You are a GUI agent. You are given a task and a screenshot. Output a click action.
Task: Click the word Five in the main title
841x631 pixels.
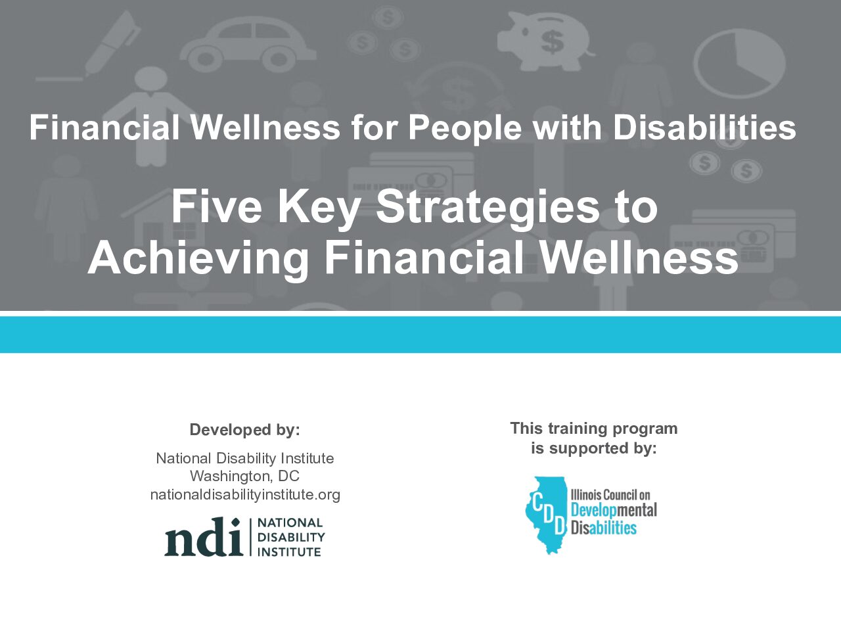[x=216, y=206]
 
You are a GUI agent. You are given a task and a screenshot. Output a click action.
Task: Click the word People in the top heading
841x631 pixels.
[x=465, y=129]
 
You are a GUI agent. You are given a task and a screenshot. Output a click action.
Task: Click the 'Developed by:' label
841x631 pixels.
[x=245, y=430]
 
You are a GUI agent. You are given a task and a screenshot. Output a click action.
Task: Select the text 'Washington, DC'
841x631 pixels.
[x=244, y=477]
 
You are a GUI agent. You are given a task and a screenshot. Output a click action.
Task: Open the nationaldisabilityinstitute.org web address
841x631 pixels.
[x=245, y=494]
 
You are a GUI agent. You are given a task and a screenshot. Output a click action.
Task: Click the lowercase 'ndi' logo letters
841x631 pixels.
[x=204, y=537]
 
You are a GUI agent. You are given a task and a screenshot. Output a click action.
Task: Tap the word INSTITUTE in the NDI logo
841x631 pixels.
[x=289, y=552]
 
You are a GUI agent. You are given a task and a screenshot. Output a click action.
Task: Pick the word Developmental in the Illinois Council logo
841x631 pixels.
[x=614, y=510]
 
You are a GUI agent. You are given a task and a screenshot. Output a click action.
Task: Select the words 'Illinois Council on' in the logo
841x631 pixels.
[x=610, y=494]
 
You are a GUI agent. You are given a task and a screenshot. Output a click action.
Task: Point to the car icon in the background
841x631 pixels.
[x=248, y=44]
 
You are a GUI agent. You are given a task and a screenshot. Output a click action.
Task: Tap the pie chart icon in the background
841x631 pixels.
[x=739, y=63]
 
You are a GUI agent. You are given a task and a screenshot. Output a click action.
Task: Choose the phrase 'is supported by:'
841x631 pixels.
[x=594, y=448]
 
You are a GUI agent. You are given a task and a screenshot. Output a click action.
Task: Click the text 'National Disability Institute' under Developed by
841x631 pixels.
[x=245, y=458]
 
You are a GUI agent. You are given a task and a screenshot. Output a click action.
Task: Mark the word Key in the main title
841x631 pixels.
[x=319, y=211]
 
